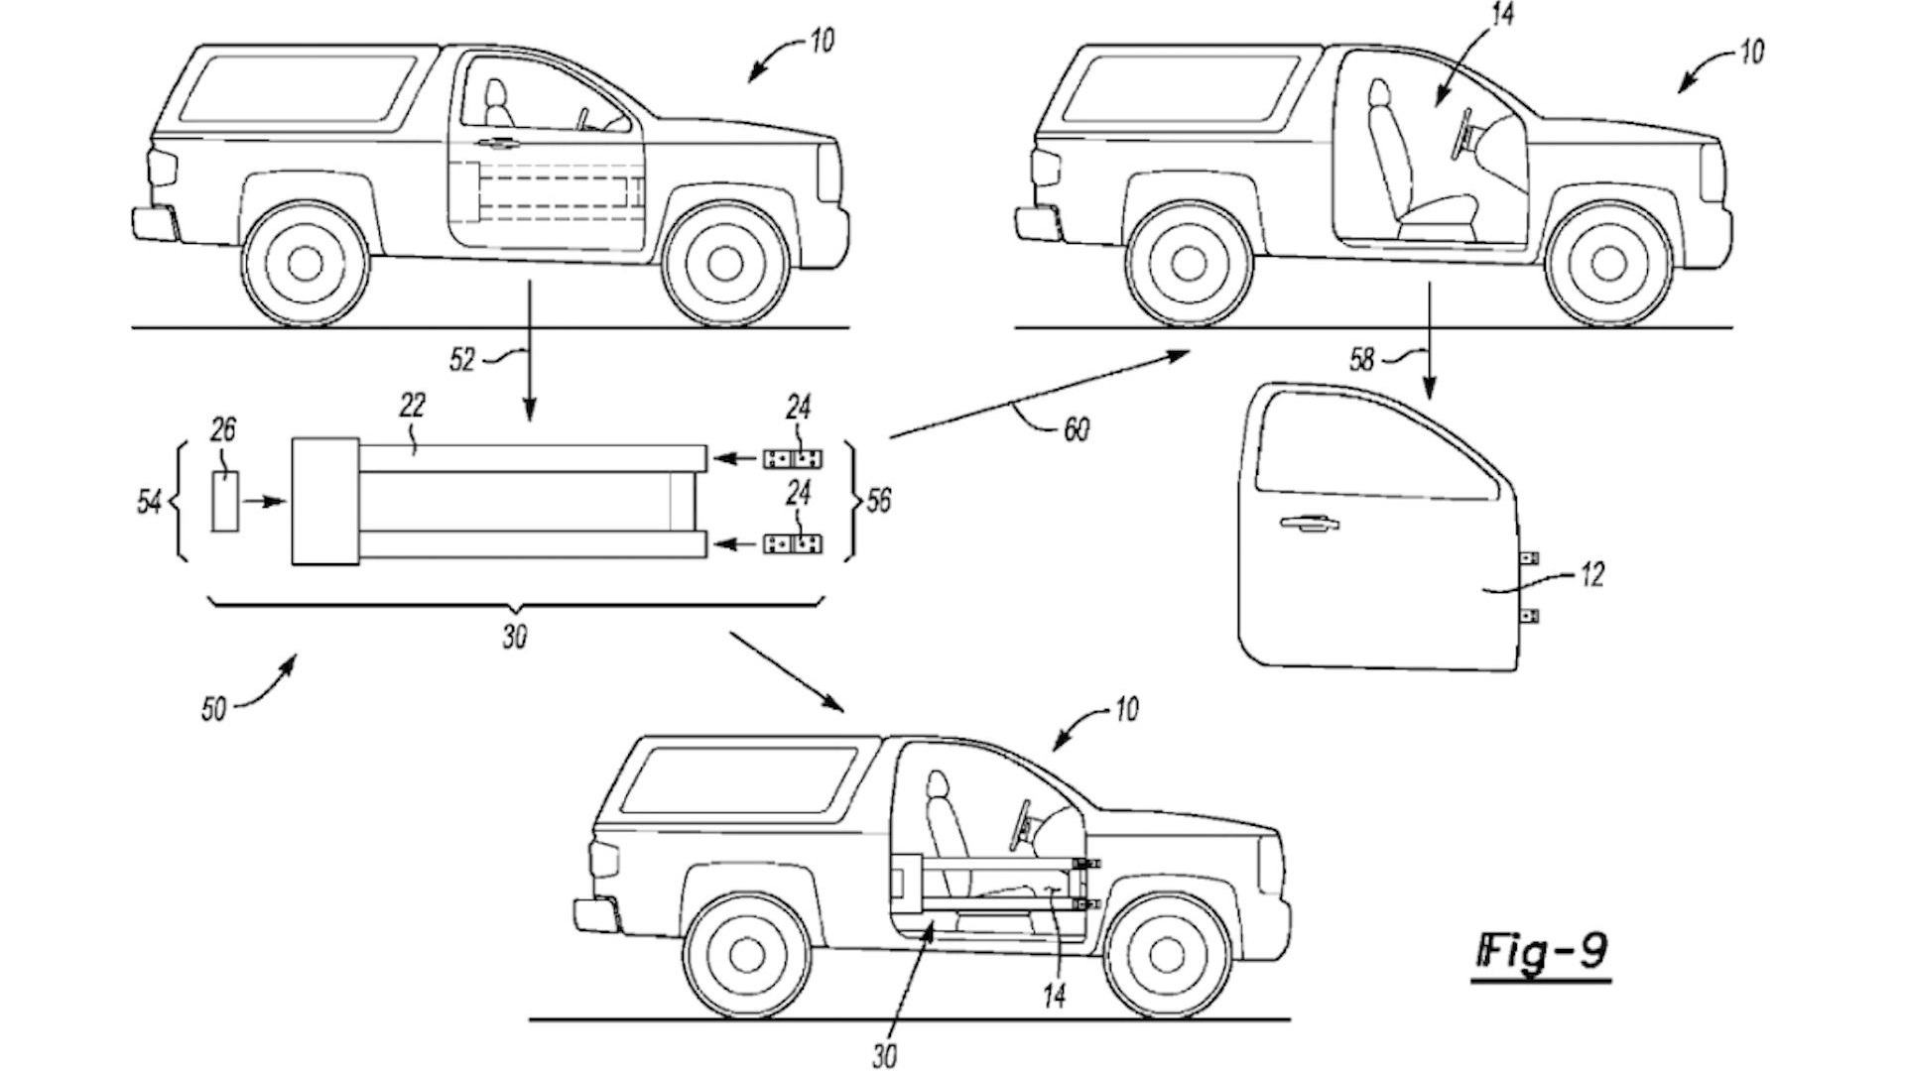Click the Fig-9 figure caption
pyautogui.click(x=1541, y=952)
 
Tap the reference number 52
pyautogui.click(x=462, y=359)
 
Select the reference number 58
pyautogui.click(x=1362, y=359)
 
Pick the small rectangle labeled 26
pyautogui.click(x=225, y=502)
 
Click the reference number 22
pyautogui.click(x=413, y=405)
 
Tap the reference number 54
pyautogui.click(x=149, y=503)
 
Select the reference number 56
pyautogui.click(x=878, y=501)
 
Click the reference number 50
pyautogui.click(x=213, y=710)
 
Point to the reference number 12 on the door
pyautogui.click(x=1591, y=574)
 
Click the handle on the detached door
pyautogui.click(x=1305, y=523)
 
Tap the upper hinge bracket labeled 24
pyautogui.click(x=792, y=459)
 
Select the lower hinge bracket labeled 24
pyautogui.click(x=792, y=543)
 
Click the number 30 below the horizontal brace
pyautogui.click(x=513, y=638)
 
